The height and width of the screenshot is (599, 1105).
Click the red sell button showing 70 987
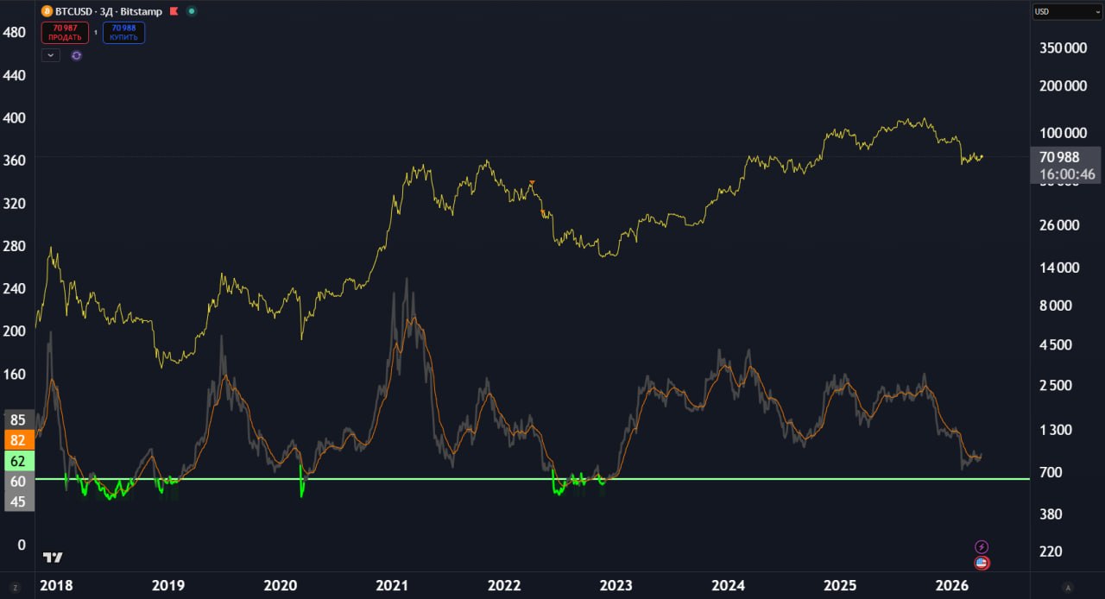[x=65, y=33]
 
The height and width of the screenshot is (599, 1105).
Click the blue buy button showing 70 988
[x=123, y=33]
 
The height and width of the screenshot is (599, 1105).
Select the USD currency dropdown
[x=1066, y=12]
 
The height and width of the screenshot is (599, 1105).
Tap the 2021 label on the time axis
[x=393, y=586]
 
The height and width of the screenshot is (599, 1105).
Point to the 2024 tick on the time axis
[x=729, y=586]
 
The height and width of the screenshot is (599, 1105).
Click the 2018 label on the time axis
[x=56, y=586]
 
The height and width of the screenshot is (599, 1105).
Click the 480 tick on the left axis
[x=15, y=32]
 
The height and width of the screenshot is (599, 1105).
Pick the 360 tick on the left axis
[x=15, y=161]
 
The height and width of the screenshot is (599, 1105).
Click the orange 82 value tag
[x=17, y=440]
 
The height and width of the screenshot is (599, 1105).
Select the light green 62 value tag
[x=17, y=461]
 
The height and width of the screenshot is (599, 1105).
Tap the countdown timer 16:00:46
[x=1067, y=174]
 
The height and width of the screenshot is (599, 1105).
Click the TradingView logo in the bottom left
[x=53, y=558]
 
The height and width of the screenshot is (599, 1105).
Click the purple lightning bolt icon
[x=982, y=547]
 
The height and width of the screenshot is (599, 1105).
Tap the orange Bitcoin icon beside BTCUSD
[x=47, y=12]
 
